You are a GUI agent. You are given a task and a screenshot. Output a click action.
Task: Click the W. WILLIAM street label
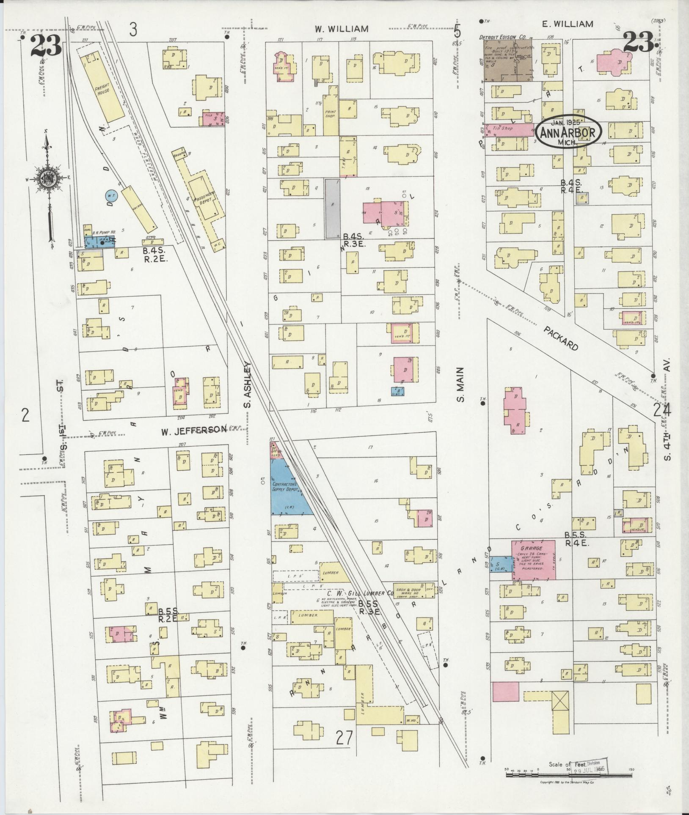(x=341, y=29)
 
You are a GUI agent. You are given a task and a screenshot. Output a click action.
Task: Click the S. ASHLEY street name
(x=248, y=384)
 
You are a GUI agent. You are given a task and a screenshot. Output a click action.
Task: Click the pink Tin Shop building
(x=508, y=129)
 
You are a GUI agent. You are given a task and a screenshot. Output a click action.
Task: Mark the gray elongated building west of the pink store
(x=333, y=208)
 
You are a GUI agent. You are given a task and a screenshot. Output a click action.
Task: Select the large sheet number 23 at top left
(x=45, y=46)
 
